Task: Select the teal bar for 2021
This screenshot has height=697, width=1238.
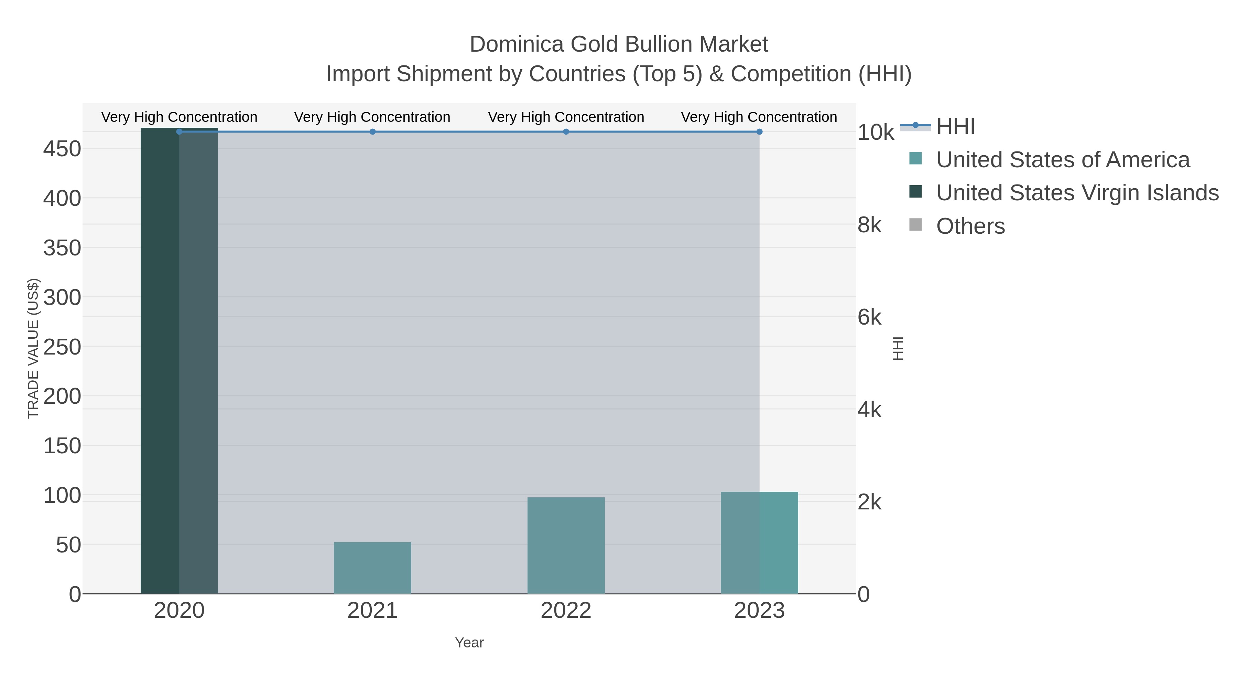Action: [x=372, y=568]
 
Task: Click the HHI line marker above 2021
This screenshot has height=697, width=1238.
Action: [x=372, y=132]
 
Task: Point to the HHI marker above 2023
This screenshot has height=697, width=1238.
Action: [x=759, y=132]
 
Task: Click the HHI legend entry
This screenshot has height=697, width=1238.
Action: [x=955, y=127]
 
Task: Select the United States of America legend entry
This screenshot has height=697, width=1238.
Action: [x=1063, y=160]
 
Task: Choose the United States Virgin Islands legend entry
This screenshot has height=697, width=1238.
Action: [x=1077, y=193]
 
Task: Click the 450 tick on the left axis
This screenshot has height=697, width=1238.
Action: [x=62, y=149]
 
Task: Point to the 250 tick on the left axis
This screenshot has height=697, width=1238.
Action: [x=62, y=347]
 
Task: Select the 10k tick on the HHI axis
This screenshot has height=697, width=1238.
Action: [x=875, y=132]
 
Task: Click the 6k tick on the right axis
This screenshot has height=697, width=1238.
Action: [x=869, y=317]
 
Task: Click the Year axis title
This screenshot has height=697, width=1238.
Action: [x=469, y=643]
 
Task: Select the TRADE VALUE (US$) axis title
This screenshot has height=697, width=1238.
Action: [x=33, y=348]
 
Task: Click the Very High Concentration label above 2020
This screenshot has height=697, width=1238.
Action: [x=179, y=117]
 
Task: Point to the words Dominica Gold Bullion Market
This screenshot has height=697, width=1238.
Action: [x=619, y=44]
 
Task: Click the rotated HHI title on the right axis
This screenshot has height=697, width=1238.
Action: [x=897, y=348]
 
